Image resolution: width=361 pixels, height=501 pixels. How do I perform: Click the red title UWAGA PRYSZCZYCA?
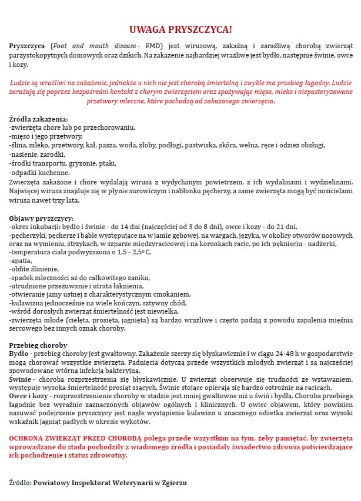pyautogui.click(x=180, y=29)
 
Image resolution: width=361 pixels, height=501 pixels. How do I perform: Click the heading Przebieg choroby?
pyautogui.click(x=38, y=345)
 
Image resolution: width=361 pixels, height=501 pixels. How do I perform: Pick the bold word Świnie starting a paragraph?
pyautogui.click(x=21, y=379)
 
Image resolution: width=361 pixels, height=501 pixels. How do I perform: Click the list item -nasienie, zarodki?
pyautogui.click(x=37, y=154)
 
